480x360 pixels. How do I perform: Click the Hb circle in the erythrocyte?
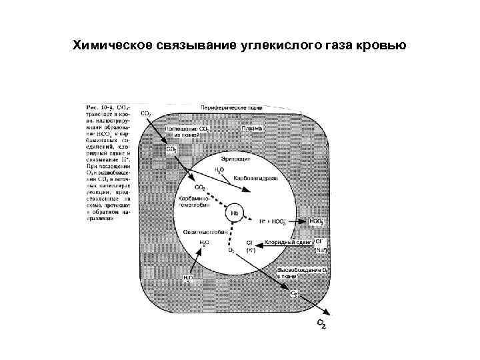point(235,213)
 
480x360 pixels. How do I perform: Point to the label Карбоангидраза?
point(255,179)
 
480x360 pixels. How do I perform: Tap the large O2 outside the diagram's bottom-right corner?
point(322,323)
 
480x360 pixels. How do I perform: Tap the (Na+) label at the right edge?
point(320,250)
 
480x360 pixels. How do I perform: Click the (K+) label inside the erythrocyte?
point(251,250)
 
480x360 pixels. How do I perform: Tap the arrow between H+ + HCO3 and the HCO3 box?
point(298,220)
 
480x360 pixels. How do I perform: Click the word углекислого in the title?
point(273,45)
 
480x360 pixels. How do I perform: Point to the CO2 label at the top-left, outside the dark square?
point(145,113)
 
